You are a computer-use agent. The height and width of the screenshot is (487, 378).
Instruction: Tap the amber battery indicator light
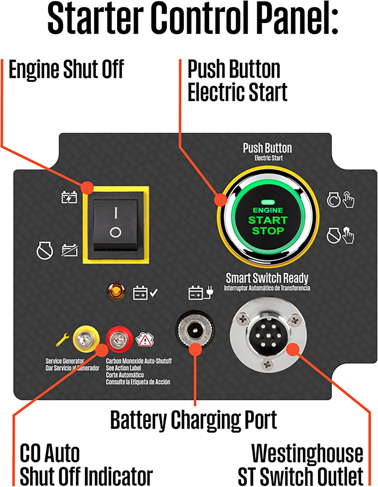tap(116, 292)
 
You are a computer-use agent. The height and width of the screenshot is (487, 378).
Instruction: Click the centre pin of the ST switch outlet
tap(268, 335)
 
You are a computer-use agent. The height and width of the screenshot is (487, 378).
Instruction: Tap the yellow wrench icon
tap(62, 340)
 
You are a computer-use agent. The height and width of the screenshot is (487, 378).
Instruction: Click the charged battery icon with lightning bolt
tap(69, 197)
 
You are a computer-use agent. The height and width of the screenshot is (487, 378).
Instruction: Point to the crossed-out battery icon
tap(70, 250)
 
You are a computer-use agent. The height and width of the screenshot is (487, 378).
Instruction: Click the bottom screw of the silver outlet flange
tap(267, 364)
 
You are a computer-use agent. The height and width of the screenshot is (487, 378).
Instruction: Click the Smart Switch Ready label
tap(267, 278)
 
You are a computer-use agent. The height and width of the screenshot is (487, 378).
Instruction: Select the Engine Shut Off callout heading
tap(66, 69)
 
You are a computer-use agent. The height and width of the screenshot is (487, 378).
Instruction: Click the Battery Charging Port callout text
tap(194, 420)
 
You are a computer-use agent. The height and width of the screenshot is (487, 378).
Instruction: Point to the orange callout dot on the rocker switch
tap(87, 188)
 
